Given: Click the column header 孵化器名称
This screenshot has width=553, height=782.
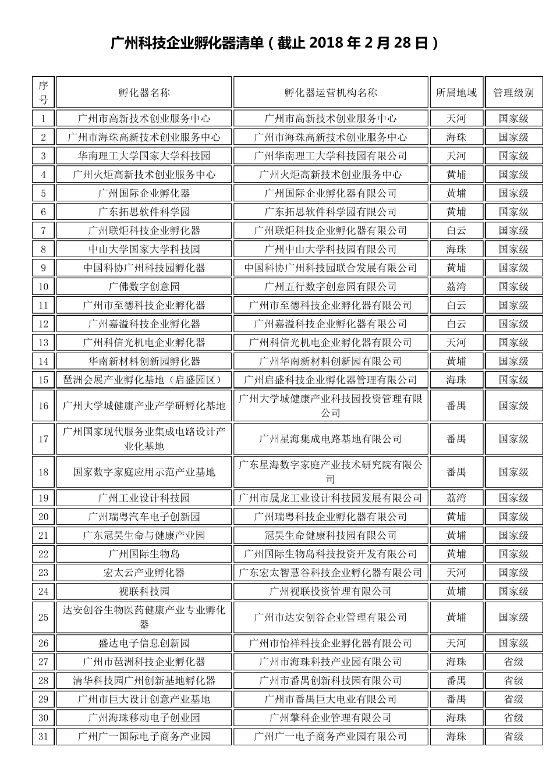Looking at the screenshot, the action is [x=144, y=93].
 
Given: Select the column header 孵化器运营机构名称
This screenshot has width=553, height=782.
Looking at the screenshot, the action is [x=331, y=93].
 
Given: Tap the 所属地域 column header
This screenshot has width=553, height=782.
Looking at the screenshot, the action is [x=456, y=93].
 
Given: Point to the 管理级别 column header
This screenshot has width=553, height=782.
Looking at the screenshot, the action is [x=513, y=93].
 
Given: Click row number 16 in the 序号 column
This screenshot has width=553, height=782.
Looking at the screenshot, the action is [x=44, y=406].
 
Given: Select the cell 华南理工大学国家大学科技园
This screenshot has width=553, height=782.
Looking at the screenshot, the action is [x=144, y=156].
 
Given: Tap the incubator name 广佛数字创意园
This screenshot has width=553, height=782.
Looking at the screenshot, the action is [x=144, y=286].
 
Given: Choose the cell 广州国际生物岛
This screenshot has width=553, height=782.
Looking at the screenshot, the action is [x=144, y=554].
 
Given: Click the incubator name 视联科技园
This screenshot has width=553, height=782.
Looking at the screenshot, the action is [x=144, y=591].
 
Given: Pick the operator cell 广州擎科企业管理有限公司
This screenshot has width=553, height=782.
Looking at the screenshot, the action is [x=331, y=718].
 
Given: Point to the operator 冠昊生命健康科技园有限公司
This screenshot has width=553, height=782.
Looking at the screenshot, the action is [x=331, y=535].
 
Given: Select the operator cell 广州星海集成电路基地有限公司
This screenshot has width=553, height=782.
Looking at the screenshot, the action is [x=331, y=439].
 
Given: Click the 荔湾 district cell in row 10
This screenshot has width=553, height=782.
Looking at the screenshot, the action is [x=456, y=286].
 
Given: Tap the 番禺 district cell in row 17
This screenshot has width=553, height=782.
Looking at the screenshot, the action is [x=456, y=439].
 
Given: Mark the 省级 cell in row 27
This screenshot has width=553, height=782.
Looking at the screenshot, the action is [x=513, y=662].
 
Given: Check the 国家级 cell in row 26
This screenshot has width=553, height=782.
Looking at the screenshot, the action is [x=513, y=643].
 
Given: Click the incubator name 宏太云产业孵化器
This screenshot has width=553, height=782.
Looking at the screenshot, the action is [x=144, y=573].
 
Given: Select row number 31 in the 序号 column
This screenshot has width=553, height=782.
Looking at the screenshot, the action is [x=44, y=737].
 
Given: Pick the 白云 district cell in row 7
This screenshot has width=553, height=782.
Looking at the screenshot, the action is [x=456, y=230].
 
